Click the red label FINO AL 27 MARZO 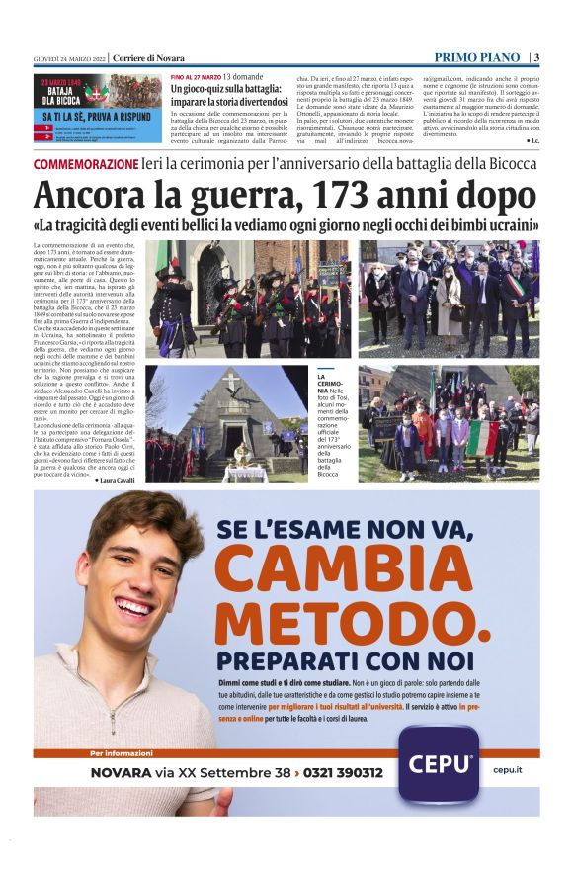coord(195,76)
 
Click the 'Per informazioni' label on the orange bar coord(121,753)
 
